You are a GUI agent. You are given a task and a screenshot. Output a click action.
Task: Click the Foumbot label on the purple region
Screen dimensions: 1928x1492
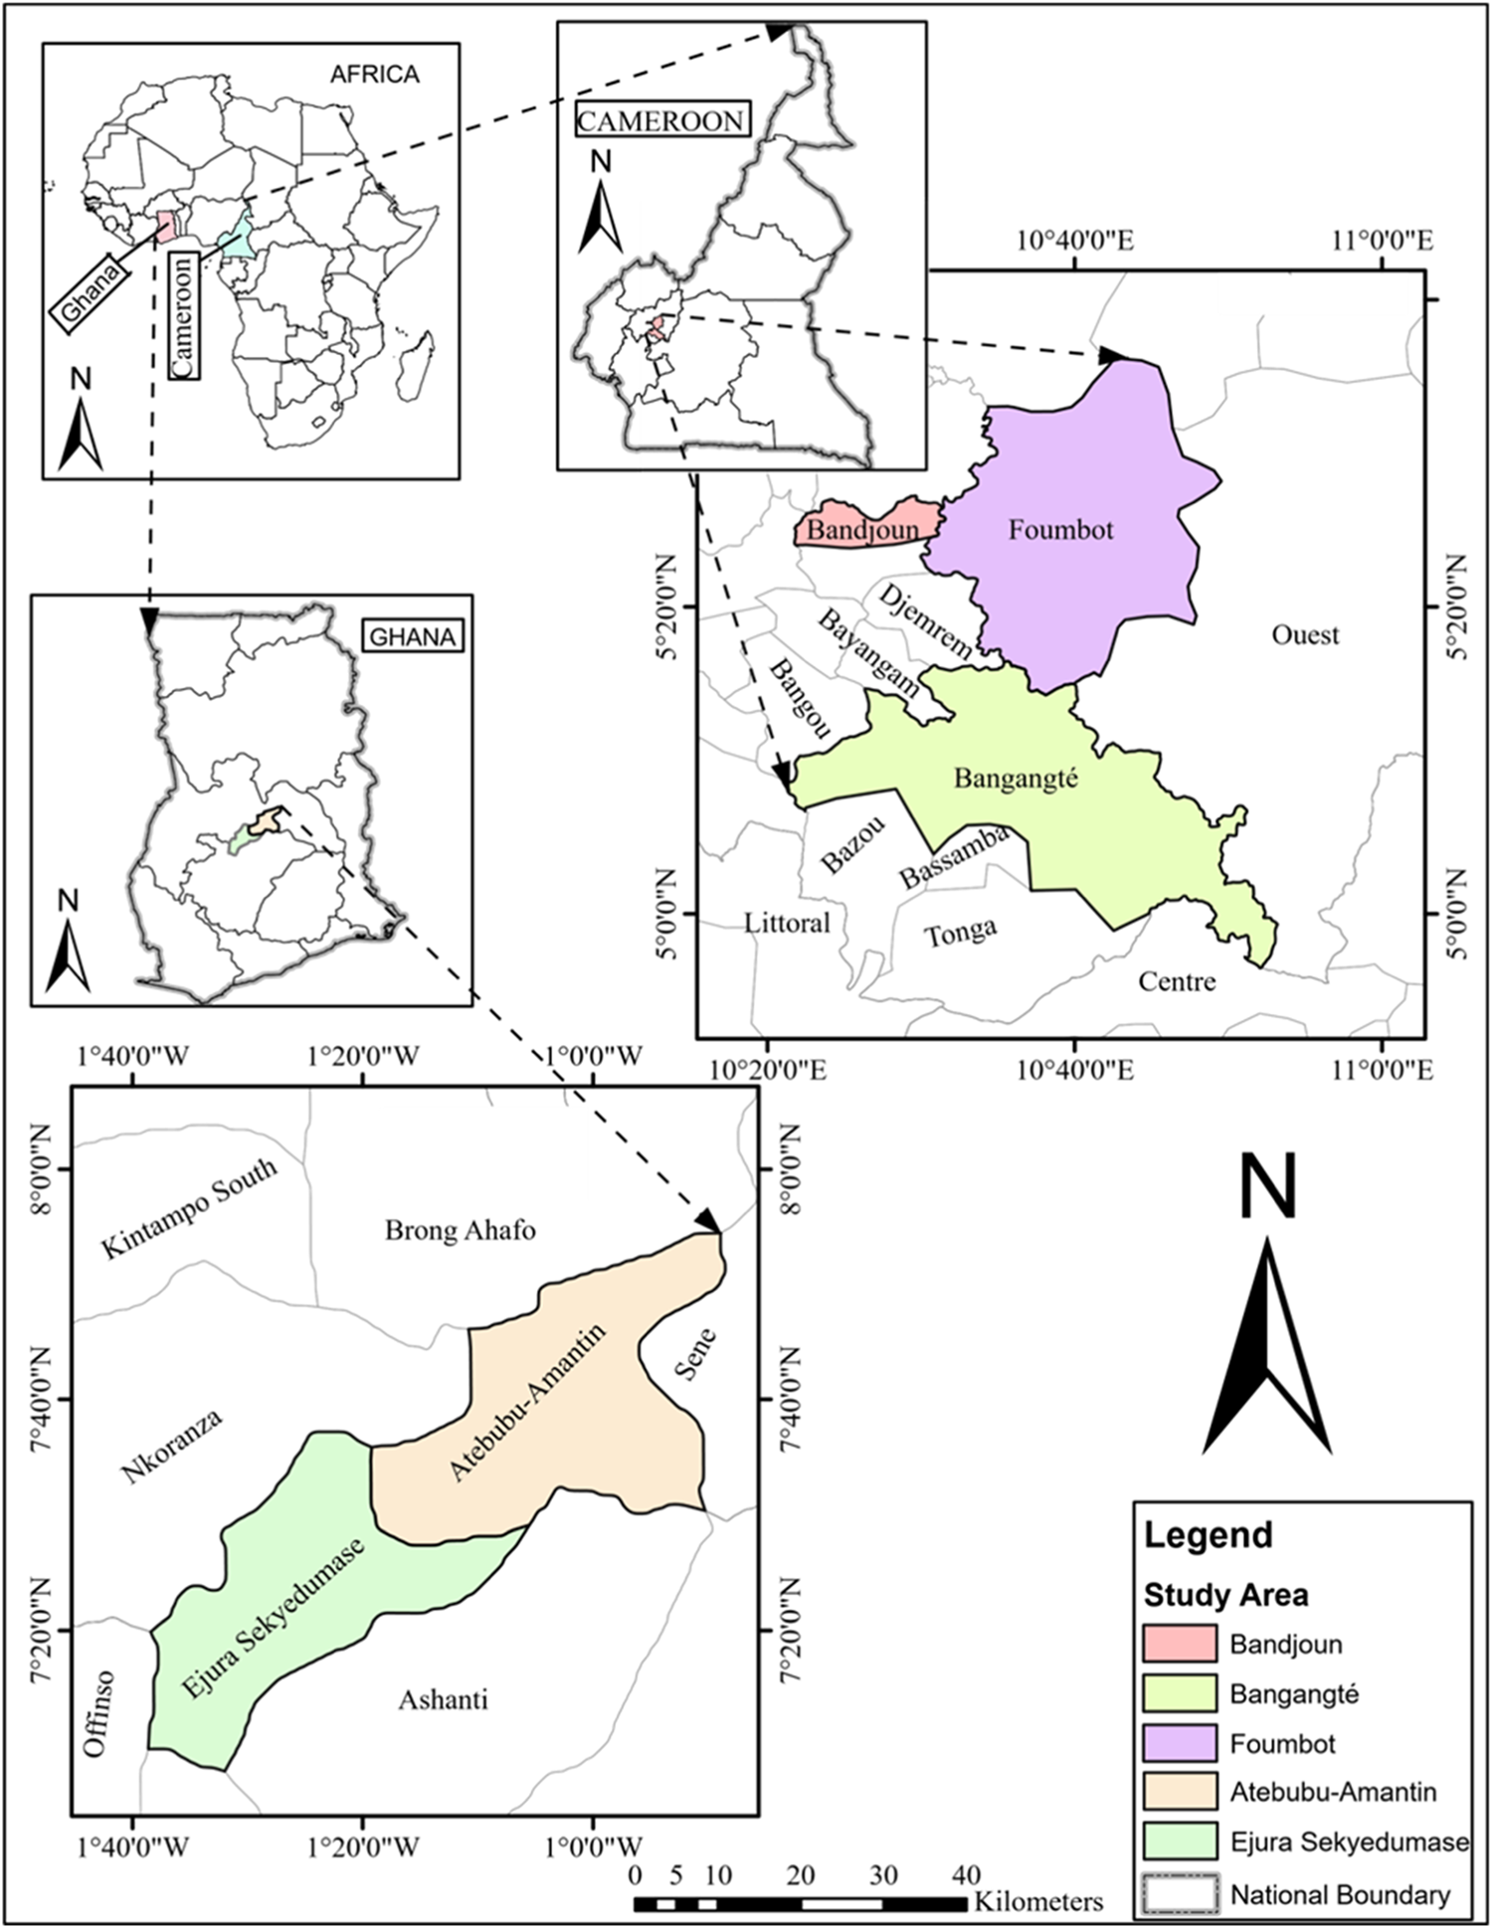click(x=1060, y=530)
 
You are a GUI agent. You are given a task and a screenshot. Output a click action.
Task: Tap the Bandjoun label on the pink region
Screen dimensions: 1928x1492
click(x=861, y=530)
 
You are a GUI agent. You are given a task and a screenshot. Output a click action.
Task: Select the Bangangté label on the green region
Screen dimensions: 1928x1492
click(x=1016, y=778)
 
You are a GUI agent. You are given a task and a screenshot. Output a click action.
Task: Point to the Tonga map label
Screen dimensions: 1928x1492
click(x=960, y=933)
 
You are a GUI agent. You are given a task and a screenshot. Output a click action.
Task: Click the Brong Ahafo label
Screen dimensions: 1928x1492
click(x=460, y=1231)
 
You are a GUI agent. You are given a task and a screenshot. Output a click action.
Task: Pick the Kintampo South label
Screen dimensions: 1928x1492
click(x=189, y=1209)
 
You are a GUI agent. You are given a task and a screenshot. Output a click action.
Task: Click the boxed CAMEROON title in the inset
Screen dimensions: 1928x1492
click(x=660, y=121)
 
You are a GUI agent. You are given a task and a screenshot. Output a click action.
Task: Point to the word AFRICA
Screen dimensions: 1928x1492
click(x=375, y=75)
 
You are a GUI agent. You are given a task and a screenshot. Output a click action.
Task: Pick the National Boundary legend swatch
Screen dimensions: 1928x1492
click(x=1180, y=1894)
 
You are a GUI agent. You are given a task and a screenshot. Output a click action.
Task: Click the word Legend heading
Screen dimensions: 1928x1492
click(x=1208, y=1535)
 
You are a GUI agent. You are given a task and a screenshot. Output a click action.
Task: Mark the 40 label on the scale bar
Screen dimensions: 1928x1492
click(x=966, y=1875)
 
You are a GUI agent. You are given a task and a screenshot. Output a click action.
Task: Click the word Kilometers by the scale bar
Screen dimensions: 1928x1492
click(x=1038, y=1902)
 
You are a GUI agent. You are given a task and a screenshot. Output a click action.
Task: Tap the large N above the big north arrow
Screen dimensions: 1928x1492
click(x=1267, y=1185)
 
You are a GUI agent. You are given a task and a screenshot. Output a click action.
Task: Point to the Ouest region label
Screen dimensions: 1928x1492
click(x=1305, y=634)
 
